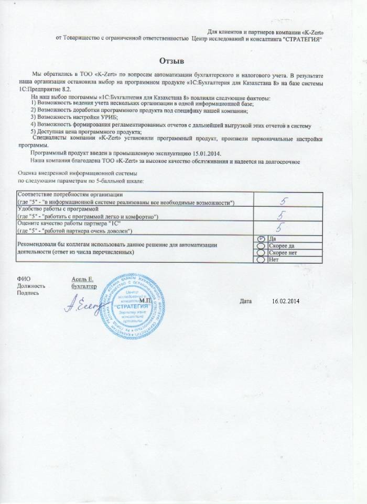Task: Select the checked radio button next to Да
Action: tap(261, 239)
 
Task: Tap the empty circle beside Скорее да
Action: tap(261, 245)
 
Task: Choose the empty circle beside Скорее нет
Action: tap(261, 252)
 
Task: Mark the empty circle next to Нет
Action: tap(261, 259)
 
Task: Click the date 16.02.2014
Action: tap(285, 301)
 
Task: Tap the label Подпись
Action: tap(27, 294)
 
